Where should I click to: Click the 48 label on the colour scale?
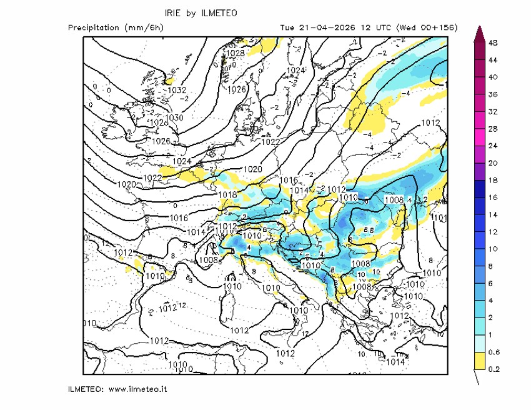pos(492,42)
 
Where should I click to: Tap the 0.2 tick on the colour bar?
pos(492,369)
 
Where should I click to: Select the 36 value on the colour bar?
pos(492,94)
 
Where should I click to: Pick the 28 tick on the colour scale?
pos(492,129)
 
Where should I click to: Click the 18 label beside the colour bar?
pos(492,180)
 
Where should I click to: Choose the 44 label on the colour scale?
pos(492,60)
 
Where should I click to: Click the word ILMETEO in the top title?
pos(220,13)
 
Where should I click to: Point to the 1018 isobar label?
pos(228,195)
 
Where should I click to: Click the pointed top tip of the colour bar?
pos(479,28)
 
